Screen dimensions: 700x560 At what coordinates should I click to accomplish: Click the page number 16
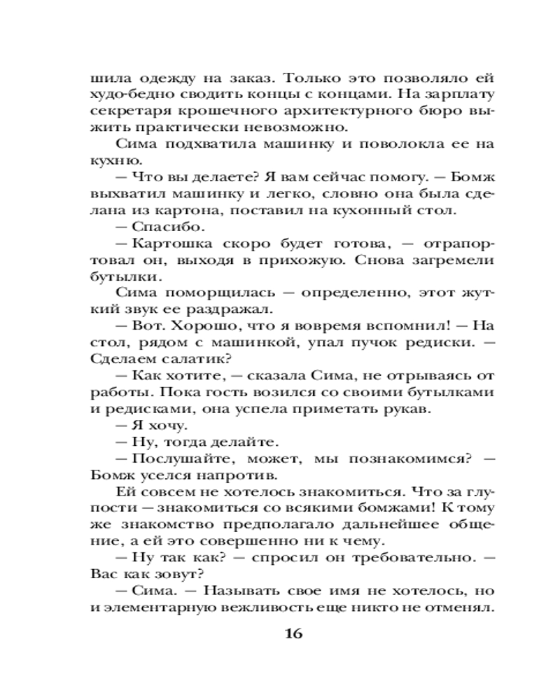[x=293, y=634]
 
